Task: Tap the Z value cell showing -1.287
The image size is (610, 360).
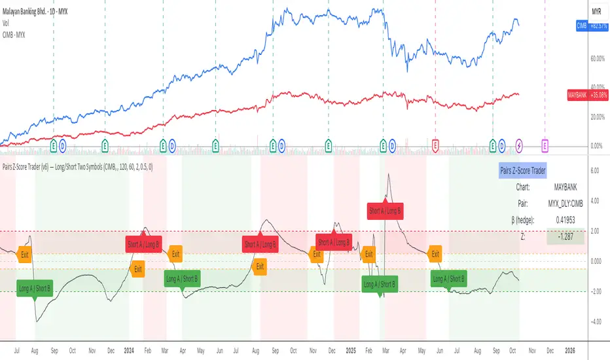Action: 563,236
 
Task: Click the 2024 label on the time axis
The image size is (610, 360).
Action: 128,350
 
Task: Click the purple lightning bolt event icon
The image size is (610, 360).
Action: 520,144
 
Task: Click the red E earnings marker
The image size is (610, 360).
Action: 436,144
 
